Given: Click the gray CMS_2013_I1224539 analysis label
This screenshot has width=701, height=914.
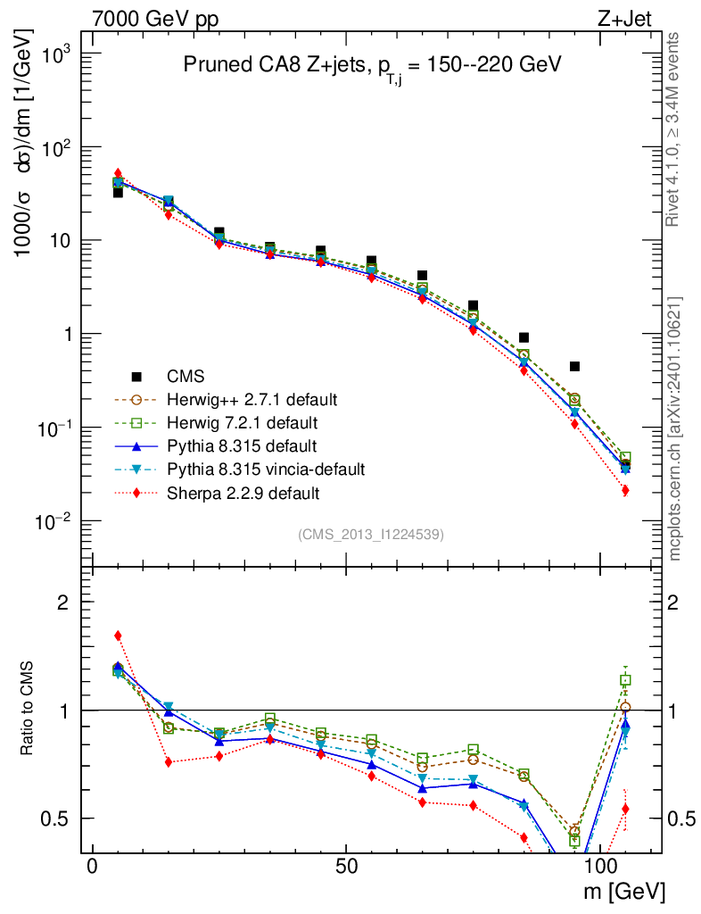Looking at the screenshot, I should point(371,534).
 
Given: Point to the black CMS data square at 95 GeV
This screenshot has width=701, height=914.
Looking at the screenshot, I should point(574,367).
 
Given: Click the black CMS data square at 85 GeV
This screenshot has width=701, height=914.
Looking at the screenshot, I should point(524,337).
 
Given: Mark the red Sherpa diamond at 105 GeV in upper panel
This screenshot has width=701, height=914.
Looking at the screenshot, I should point(625,490).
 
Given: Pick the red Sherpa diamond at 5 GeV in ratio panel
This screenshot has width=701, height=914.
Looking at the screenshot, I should point(118,636).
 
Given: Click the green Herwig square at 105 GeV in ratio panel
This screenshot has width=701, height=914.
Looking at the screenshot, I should point(625,680).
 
